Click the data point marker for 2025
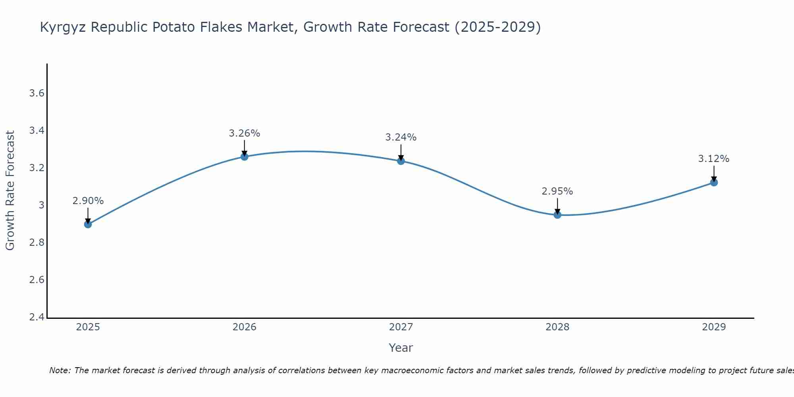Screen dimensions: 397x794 [88, 224]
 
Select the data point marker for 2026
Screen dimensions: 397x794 [245, 157]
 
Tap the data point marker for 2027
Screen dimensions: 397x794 [401, 161]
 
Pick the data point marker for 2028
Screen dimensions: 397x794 [557, 215]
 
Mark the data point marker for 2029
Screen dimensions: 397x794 [714, 183]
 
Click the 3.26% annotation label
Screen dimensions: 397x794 [245, 133]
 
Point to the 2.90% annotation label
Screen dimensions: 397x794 [88, 201]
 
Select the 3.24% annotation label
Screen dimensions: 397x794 [401, 137]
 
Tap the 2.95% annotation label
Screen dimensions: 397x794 [557, 191]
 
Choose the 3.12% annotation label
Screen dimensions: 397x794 [714, 159]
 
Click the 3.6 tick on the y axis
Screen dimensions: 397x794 [37, 94]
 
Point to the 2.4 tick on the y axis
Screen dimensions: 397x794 [37, 318]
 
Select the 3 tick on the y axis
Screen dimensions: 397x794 [41, 206]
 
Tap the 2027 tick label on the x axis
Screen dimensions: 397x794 [401, 327]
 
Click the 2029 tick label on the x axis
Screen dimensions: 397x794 [714, 327]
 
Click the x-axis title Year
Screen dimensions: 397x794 [401, 348]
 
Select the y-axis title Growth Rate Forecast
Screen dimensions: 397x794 [10, 191]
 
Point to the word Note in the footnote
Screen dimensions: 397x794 [60, 370]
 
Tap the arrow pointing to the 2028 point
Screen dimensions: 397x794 [557, 206]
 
